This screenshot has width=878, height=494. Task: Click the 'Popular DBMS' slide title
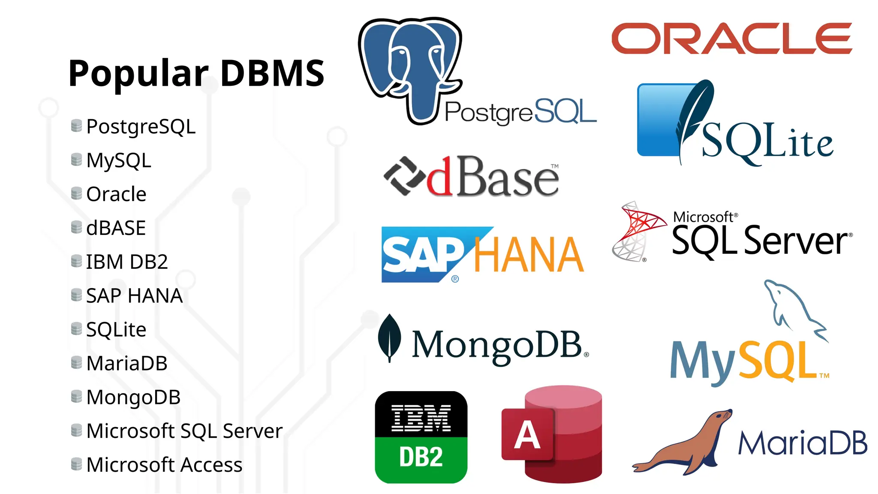(196, 73)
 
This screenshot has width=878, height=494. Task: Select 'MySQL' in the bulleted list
(119, 161)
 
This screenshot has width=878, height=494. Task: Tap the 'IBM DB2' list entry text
(127, 262)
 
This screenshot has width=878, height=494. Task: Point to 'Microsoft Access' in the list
(164, 465)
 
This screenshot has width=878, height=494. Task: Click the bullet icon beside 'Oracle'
(76, 193)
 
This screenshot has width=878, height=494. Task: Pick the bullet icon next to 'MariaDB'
(76, 362)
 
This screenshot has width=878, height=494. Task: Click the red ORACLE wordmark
(731, 39)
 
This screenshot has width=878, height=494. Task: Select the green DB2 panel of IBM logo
(421, 458)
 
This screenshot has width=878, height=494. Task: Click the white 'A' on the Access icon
(527, 435)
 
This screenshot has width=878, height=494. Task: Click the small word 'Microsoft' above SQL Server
(703, 217)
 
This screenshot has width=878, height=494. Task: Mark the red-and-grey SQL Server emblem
(637, 232)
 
